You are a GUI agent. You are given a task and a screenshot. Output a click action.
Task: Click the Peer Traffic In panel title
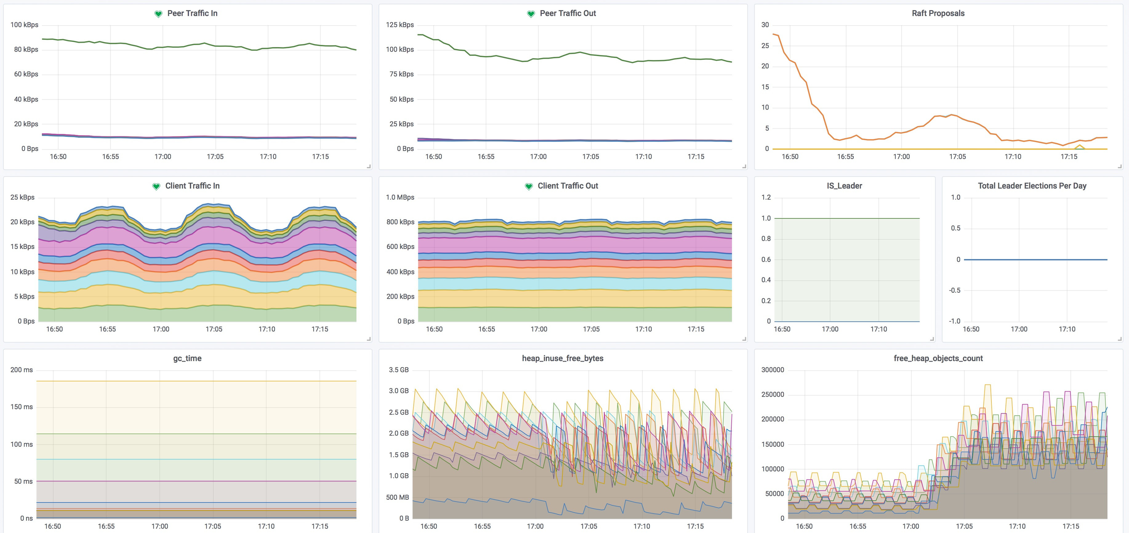click(x=192, y=13)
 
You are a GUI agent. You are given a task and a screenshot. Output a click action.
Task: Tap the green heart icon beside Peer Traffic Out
click(x=531, y=14)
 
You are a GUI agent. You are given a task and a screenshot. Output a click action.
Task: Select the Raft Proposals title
click(x=938, y=13)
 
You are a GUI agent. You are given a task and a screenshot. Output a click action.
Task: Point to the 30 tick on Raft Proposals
click(x=765, y=25)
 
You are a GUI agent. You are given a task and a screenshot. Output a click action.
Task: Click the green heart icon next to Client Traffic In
click(x=156, y=187)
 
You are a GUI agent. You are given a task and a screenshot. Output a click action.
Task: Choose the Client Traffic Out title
click(x=567, y=185)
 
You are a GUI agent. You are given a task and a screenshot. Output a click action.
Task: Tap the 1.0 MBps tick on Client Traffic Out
click(x=400, y=197)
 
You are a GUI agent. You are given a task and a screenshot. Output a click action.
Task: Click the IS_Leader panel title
click(x=844, y=185)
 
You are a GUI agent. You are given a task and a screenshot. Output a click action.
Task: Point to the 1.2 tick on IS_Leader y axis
click(x=766, y=197)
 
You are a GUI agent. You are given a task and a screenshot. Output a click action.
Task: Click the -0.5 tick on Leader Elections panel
click(x=954, y=290)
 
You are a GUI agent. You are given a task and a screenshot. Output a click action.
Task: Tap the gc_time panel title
click(x=187, y=358)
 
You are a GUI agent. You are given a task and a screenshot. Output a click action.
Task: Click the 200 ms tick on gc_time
click(x=22, y=369)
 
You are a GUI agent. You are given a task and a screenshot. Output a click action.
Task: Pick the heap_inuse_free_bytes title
click(x=562, y=358)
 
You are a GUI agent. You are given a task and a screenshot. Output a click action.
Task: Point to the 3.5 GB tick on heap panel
click(x=398, y=369)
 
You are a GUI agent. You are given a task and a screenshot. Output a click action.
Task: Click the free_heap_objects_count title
click(x=938, y=358)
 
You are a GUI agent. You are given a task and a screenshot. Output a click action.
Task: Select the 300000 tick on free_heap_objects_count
click(x=772, y=369)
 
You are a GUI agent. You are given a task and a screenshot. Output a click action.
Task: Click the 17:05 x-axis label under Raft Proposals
click(x=957, y=156)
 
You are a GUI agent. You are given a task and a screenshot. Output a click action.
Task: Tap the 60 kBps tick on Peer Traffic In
click(x=26, y=74)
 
